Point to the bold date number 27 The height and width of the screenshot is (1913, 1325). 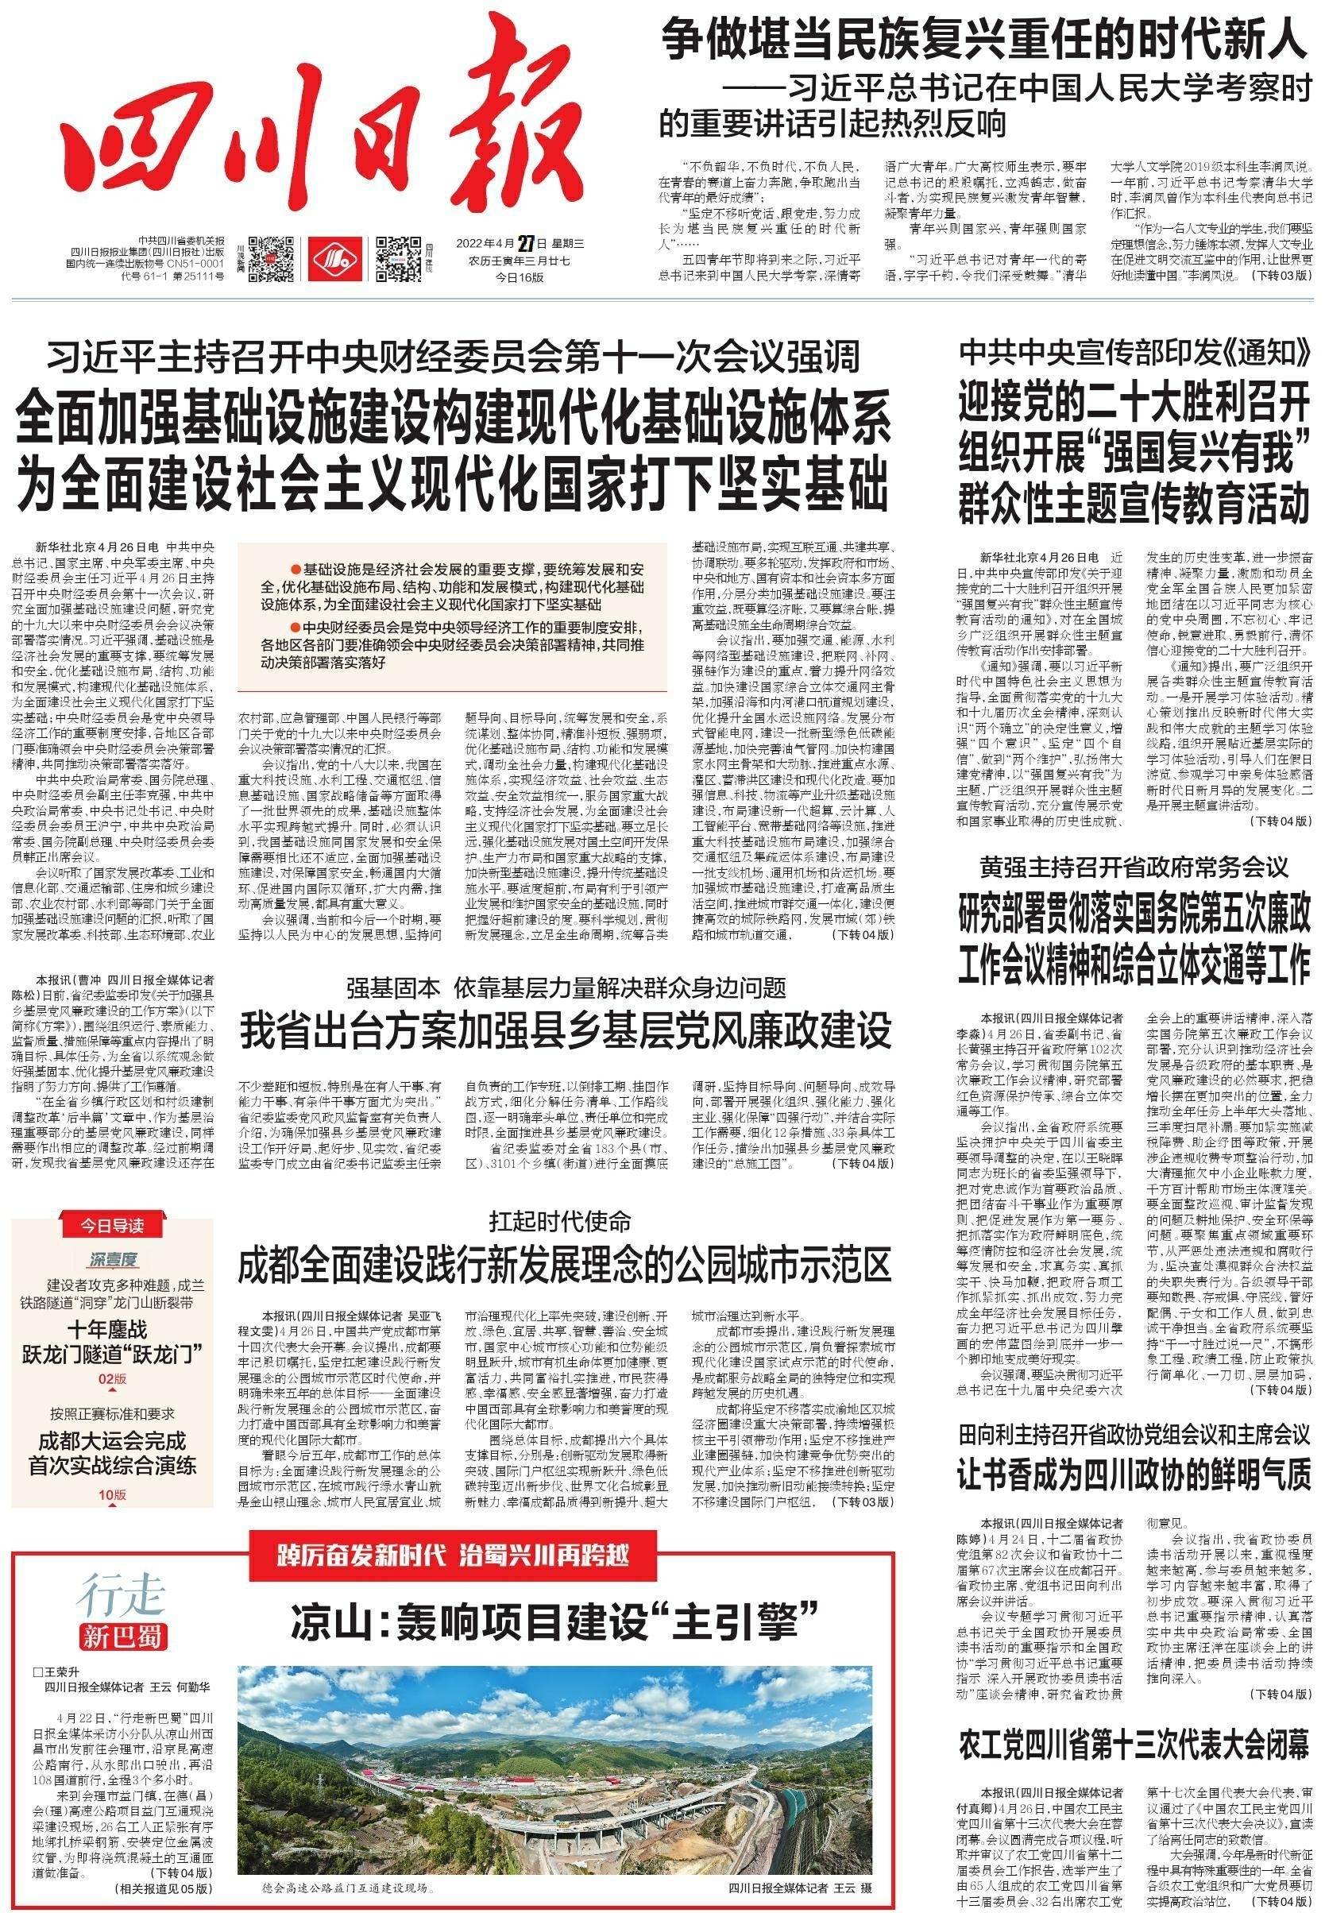tap(525, 243)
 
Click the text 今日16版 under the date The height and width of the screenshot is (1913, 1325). tap(520, 277)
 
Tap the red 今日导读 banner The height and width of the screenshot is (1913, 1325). tap(112, 1226)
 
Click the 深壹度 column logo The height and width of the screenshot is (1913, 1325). tap(113, 1258)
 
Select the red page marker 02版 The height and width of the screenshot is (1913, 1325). tap(112, 1379)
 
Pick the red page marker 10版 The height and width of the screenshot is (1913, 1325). tap(112, 1494)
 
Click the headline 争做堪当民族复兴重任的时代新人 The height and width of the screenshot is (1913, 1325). tap(983, 40)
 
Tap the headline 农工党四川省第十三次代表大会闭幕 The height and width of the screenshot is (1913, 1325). tap(1134, 1723)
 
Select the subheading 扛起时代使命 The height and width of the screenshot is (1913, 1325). tap(559, 1221)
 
